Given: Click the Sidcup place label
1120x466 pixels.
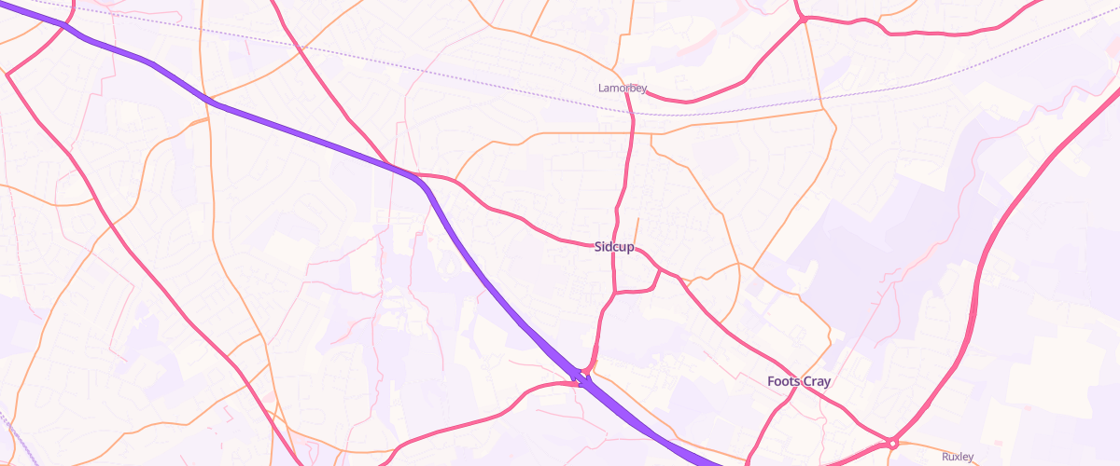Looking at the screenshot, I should tap(613, 247).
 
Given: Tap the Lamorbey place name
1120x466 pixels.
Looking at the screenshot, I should tap(622, 88).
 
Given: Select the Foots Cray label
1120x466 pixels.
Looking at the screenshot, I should tap(798, 381).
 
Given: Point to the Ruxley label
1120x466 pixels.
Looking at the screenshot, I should tap(958, 457).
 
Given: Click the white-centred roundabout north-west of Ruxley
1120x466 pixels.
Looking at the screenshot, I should tap(893, 443).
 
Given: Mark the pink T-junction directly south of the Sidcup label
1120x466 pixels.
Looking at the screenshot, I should tap(615, 292).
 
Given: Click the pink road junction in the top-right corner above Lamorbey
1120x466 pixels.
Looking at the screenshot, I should tap(801, 19).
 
